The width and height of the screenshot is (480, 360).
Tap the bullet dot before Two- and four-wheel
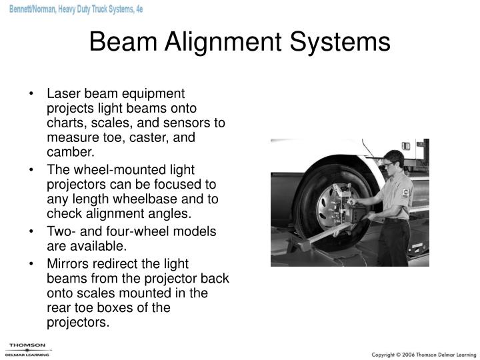(32, 231)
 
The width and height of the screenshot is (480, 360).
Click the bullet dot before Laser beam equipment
(32, 95)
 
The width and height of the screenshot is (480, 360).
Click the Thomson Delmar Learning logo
(27, 349)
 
